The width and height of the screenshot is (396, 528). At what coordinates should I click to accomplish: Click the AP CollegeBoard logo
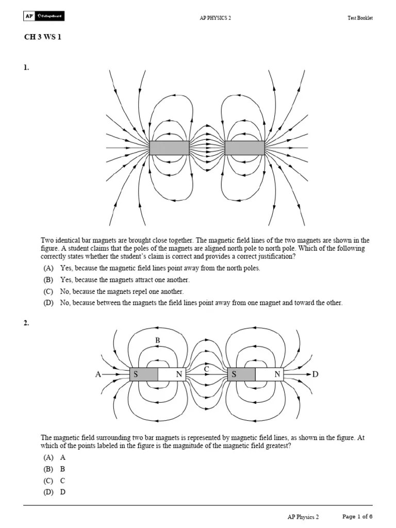[x=44, y=17]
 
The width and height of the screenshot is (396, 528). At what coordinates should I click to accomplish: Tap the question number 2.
[x=26, y=323]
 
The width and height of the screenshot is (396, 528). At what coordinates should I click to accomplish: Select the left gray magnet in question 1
[x=169, y=148]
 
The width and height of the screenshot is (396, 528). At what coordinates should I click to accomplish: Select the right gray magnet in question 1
[x=245, y=148]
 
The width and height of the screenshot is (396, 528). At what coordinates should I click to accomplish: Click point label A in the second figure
[x=98, y=375]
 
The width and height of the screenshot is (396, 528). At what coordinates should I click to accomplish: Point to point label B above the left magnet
[x=158, y=341]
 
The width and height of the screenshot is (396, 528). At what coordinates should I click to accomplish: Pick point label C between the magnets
[x=206, y=369]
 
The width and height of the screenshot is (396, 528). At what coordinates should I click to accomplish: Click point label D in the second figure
[x=316, y=375]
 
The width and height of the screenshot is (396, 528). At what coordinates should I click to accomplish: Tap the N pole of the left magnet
[x=178, y=375]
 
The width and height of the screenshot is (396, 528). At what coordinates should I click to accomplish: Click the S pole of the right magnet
[x=234, y=375]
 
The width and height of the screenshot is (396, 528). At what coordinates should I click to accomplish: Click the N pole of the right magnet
[x=277, y=375]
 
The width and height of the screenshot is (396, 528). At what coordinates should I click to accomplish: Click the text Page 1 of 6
[x=357, y=517]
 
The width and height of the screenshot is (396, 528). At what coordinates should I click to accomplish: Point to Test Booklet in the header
[x=360, y=18]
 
